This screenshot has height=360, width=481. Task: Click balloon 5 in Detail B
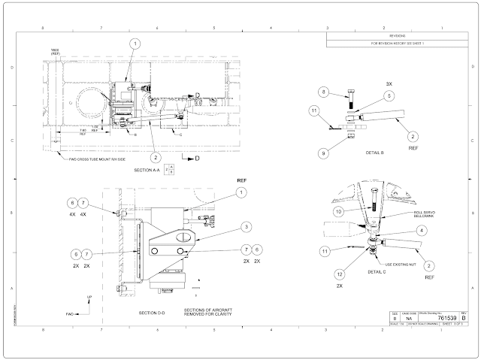click(389, 96)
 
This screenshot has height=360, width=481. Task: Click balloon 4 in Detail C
click(421, 230)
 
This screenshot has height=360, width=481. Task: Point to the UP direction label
click(89, 298)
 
